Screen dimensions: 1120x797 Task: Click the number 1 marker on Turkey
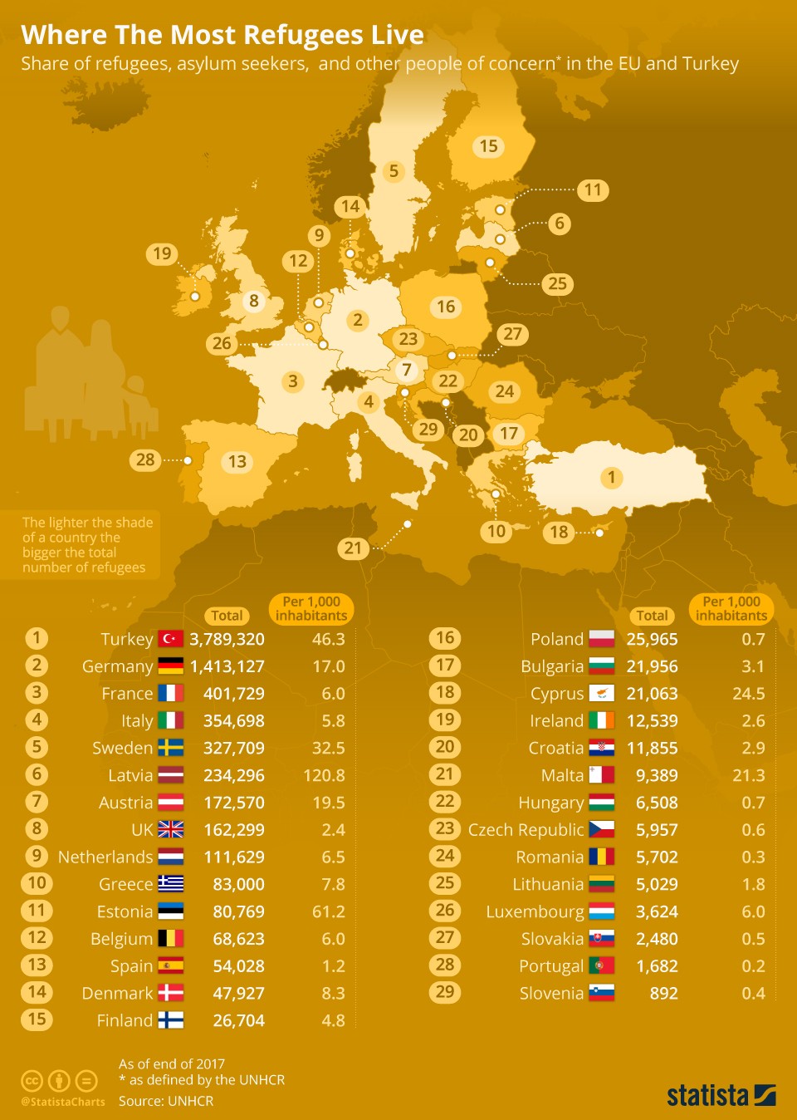coord(612,477)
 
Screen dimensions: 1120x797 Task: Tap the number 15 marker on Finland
coord(488,146)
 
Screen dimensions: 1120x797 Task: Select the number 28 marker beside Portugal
coord(145,459)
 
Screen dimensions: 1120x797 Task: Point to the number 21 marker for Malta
coord(354,548)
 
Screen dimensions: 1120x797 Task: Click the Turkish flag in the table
coord(171,639)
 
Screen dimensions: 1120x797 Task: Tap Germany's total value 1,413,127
coord(227,666)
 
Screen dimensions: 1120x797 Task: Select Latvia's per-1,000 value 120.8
coord(324,775)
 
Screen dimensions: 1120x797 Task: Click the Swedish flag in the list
coord(171,748)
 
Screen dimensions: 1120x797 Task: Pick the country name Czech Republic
coord(526,830)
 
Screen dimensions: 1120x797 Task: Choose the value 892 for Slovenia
coord(663,993)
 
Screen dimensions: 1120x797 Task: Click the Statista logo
coord(721,1095)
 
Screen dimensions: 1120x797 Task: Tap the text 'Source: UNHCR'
coord(166,1101)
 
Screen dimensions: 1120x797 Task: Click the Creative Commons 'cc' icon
coord(32,1081)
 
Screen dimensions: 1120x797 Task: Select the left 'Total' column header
coord(227,616)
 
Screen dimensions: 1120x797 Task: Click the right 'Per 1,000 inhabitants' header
coord(731,608)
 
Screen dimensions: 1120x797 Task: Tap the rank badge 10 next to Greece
coord(37,883)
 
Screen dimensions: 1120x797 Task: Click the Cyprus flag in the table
coord(602,693)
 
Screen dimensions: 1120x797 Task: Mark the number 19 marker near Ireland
coord(162,253)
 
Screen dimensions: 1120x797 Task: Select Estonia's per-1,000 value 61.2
coord(328,911)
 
